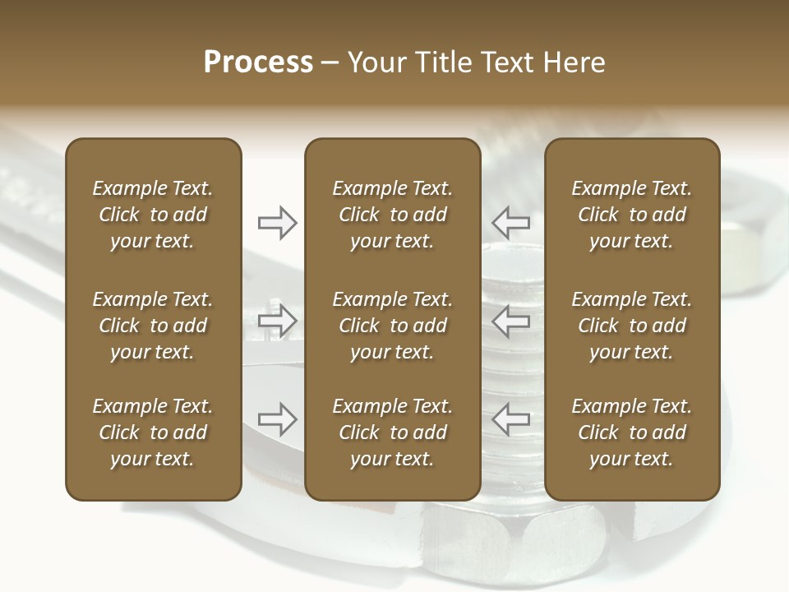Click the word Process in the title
click(258, 62)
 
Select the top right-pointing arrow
click(278, 222)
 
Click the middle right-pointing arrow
click(278, 321)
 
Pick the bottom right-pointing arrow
click(278, 419)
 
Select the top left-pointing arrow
click(511, 222)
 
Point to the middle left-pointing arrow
click(511, 321)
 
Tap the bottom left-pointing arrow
click(511, 419)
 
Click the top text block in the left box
click(153, 215)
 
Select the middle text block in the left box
click(153, 326)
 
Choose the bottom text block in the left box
click(153, 432)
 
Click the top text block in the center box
click(392, 215)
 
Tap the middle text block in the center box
click(392, 326)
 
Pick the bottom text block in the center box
click(392, 432)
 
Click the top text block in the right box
click(631, 215)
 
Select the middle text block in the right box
click(631, 326)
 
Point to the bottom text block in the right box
click(631, 432)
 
